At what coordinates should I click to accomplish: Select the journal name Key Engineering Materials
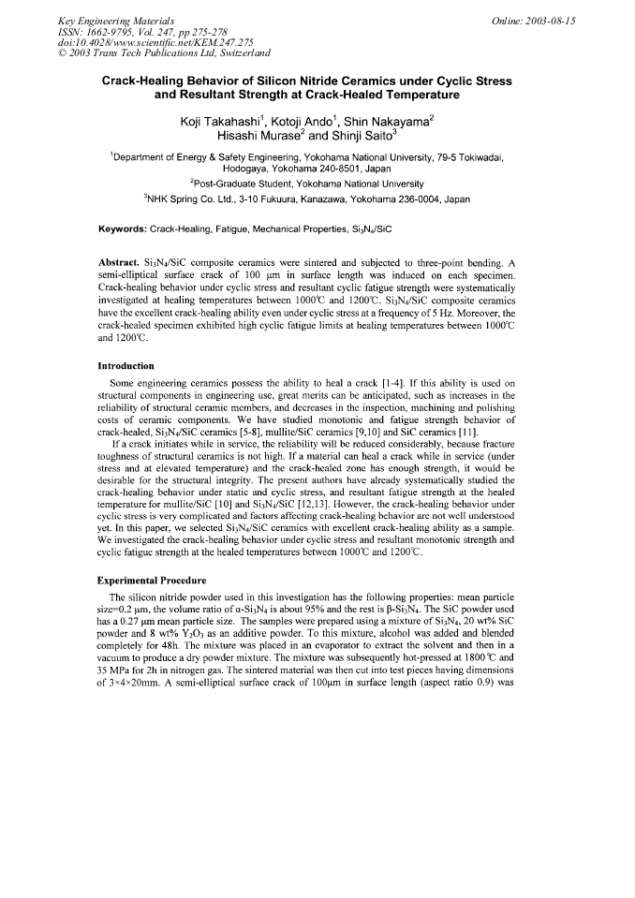[x=110, y=21]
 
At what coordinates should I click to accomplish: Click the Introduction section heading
[x=126, y=366]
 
